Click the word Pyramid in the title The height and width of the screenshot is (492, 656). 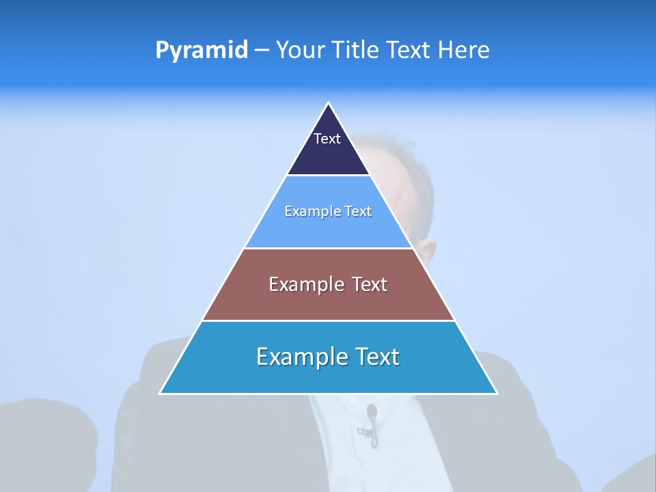201,51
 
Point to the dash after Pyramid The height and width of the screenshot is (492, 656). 262,51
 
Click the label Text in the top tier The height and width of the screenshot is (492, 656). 327,139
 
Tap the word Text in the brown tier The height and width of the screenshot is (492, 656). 370,284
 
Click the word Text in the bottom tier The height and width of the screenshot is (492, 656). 377,357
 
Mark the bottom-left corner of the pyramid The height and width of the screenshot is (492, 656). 161,393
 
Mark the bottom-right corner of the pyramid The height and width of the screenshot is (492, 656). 496,393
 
